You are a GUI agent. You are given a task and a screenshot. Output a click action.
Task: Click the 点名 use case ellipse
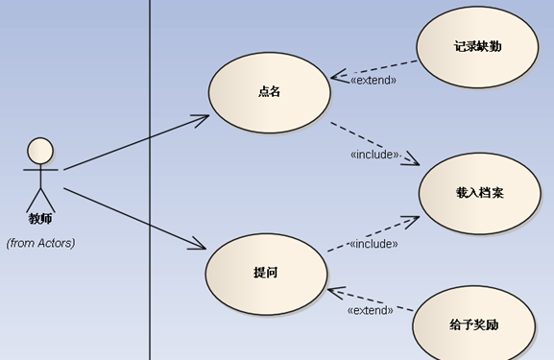[x=269, y=92]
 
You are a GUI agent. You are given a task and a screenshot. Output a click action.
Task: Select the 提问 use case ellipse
[x=266, y=273]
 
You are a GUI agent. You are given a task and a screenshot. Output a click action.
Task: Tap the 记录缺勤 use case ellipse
[x=477, y=46]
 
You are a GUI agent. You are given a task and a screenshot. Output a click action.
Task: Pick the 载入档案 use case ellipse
[x=479, y=193]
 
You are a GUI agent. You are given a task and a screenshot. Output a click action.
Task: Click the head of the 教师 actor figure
[x=40, y=151]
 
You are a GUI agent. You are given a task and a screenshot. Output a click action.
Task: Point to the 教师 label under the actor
[x=40, y=219]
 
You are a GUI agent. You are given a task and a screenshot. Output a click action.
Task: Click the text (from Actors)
[x=40, y=243]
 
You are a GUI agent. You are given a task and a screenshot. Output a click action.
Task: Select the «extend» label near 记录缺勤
[x=373, y=81]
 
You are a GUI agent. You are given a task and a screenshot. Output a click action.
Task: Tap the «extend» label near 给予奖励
[x=370, y=310]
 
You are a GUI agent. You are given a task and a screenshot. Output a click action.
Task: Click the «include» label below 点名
[x=373, y=155]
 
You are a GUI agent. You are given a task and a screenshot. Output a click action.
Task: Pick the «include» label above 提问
[x=373, y=244]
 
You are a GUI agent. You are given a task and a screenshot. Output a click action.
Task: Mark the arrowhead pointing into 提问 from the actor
[x=199, y=247]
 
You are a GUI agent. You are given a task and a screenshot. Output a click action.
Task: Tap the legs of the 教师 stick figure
[x=40, y=200]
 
